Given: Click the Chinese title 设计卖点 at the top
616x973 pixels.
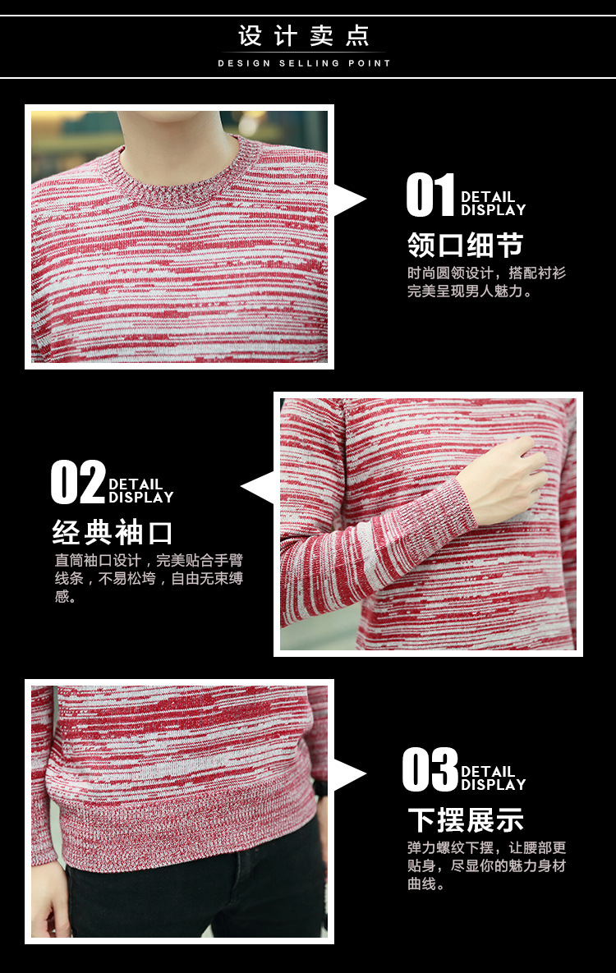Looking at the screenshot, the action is point(304,36).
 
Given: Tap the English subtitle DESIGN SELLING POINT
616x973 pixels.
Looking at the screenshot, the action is point(304,63).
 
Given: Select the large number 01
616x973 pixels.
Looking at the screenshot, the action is point(430,195).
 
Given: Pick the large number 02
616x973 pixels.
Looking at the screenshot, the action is point(78,482).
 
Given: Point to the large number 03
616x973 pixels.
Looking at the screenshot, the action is point(430,769).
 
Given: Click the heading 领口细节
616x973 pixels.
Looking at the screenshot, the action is point(465,245).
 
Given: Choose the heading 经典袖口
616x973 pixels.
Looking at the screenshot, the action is point(112,532).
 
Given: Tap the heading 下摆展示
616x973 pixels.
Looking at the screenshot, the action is point(466,819).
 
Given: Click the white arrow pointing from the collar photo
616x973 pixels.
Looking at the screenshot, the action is point(349,200).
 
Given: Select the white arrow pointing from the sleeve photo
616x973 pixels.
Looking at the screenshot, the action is point(258,487).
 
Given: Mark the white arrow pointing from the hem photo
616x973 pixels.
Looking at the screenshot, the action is point(349,775).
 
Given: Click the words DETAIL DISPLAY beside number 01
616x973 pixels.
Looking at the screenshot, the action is point(493,204).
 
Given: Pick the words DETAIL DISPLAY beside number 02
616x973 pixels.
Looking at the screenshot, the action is point(140,491).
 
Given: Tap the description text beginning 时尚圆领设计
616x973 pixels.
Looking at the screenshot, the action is point(486,282).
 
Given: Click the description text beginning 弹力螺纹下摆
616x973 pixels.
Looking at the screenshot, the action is point(486,865).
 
